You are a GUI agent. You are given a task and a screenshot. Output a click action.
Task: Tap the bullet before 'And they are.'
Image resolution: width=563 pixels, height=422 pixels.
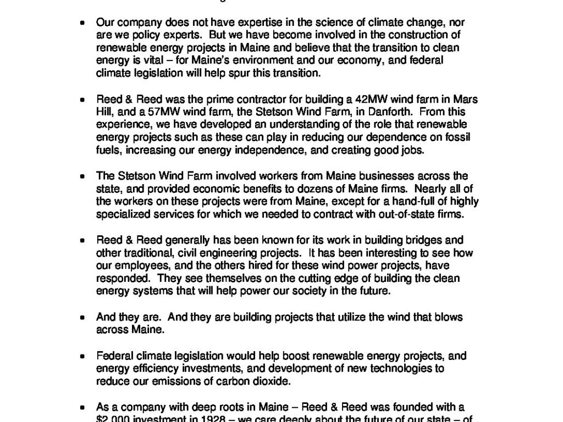(x=82, y=318)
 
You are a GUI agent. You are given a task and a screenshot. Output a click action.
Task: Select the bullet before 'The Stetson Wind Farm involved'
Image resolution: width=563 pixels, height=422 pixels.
(x=82, y=177)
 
